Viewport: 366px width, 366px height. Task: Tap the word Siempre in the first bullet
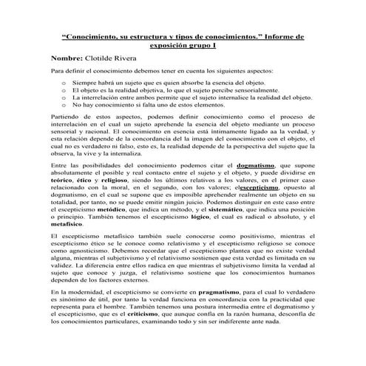(87, 84)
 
